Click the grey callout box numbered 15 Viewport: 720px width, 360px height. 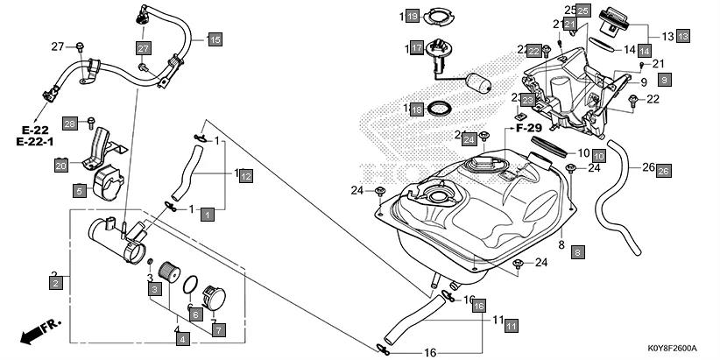pyautogui.click(x=215, y=39)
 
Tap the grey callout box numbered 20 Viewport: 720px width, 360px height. pyautogui.click(x=60, y=164)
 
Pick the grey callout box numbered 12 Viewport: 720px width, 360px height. pyautogui.click(x=246, y=177)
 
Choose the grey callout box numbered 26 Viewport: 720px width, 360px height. pyautogui.click(x=663, y=170)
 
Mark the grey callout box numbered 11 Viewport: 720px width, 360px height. pyautogui.click(x=512, y=325)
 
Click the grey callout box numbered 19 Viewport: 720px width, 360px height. pyautogui.click(x=415, y=17)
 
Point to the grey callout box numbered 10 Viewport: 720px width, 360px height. pyautogui.click(x=599, y=155)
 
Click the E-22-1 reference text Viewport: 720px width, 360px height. pyautogui.click(x=35, y=141)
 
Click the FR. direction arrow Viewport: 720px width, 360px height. pyautogui.click(x=40, y=332)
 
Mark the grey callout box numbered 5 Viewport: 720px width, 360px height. pyautogui.click(x=78, y=189)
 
